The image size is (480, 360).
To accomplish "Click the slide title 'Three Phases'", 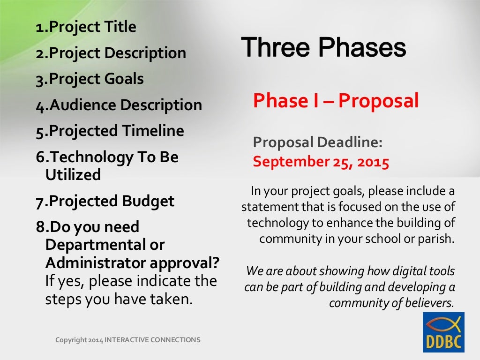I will tap(323, 48).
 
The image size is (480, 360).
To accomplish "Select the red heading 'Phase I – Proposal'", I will tap(336, 101).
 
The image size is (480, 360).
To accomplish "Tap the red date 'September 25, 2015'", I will tap(321, 162).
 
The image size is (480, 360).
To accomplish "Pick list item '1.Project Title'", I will tap(86, 27).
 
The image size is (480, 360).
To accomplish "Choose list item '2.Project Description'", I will tap(111, 53).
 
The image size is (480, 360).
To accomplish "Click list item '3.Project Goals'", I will tap(90, 79).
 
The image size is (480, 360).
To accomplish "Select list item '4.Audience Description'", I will tap(119, 105).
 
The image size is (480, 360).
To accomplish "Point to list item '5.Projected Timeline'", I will tap(110, 130).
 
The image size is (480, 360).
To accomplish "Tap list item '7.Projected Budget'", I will tap(105, 201).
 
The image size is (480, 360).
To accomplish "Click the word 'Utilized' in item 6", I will tap(73, 175).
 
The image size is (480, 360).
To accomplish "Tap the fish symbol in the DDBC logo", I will tap(443, 323).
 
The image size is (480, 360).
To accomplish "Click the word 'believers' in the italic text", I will tap(434, 303).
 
